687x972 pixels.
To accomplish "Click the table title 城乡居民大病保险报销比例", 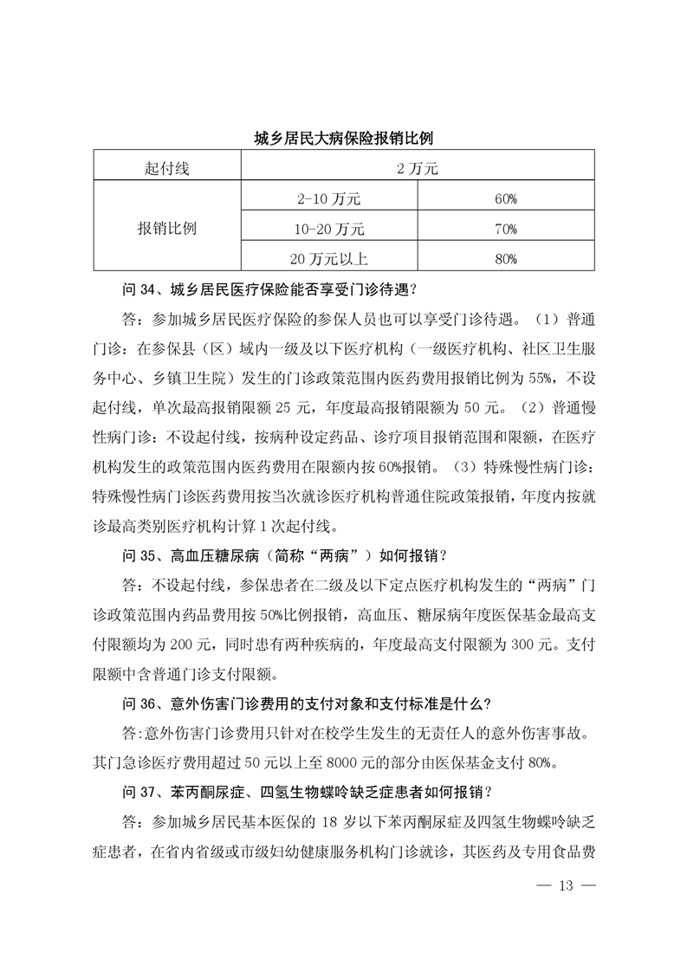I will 343,137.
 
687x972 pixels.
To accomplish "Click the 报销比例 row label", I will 166,229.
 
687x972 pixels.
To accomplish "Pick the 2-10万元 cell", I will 327,199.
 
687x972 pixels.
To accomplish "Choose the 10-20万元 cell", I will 327,229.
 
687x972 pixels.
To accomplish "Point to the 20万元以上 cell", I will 327,258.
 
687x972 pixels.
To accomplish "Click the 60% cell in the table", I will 506,199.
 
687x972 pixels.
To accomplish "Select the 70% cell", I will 506,229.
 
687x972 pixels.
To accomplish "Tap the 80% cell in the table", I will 506,258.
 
